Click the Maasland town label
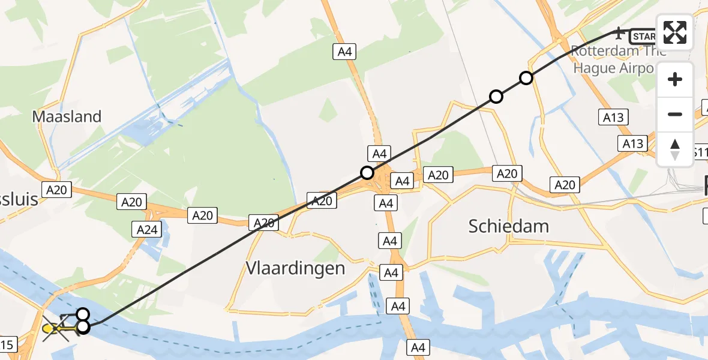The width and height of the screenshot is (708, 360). (67, 116)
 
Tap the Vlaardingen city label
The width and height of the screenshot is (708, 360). (295, 268)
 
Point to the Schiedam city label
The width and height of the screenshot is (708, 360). (509, 226)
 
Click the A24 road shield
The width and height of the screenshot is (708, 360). (147, 229)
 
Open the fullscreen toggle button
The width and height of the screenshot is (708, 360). (675, 32)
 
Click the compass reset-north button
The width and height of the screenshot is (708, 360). (675, 149)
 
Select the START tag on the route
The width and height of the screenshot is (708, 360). (644, 37)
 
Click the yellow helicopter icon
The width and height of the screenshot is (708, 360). (55, 328)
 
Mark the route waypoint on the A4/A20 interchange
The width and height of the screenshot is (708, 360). (367, 173)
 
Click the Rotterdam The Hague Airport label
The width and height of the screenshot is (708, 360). (618, 59)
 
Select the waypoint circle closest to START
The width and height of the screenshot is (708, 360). (526, 77)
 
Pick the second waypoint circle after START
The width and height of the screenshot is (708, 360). (496, 96)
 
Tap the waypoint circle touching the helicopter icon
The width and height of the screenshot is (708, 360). (83, 326)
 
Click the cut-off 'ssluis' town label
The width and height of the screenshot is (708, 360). (19, 199)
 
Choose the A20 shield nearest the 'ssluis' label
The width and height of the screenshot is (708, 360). (57, 190)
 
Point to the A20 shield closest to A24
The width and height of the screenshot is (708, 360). (131, 202)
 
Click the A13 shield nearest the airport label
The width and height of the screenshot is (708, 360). (613, 118)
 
